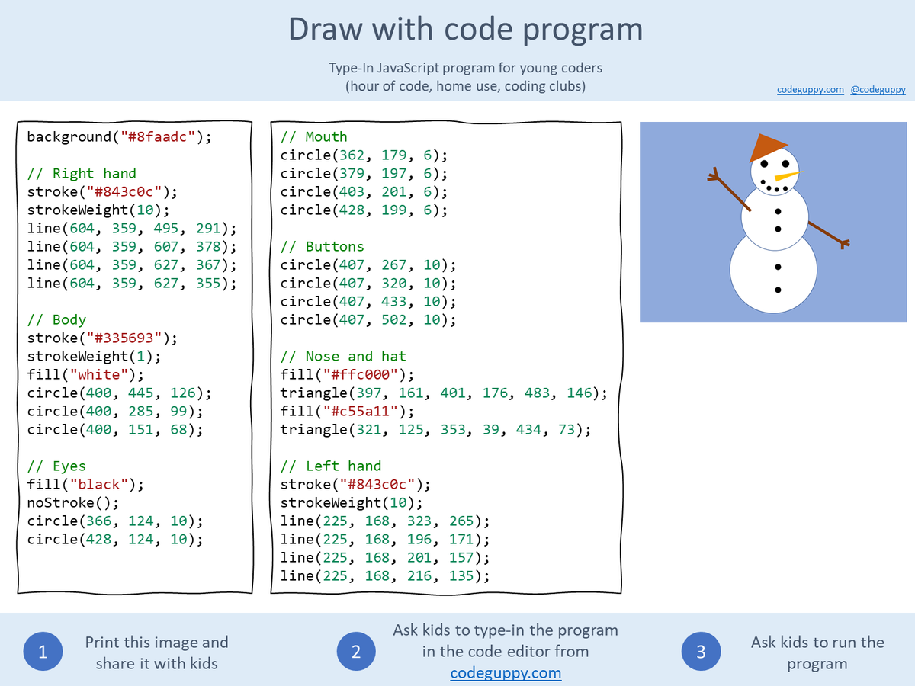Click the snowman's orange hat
click(766, 148)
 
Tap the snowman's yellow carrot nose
click(787, 176)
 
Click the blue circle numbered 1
click(43, 651)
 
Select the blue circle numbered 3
click(701, 651)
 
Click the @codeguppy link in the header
click(878, 89)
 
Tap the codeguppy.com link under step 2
click(506, 673)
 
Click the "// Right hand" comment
click(82, 173)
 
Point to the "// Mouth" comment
click(314, 136)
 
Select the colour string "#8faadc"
click(158, 136)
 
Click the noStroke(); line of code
click(73, 503)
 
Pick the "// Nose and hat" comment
click(343, 356)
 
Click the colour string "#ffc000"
click(361, 374)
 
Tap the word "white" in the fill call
click(99, 374)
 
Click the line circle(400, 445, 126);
click(120, 393)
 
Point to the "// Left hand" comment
click(331, 466)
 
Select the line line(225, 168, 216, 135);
click(385, 575)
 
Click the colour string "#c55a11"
click(361, 411)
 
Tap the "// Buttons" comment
click(323, 246)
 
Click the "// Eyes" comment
click(56, 466)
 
